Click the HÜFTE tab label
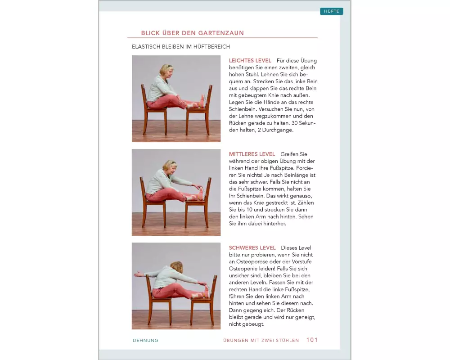pyautogui.click(x=332, y=11)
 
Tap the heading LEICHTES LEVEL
pyautogui.click(x=250, y=61)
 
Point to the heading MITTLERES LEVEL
pyautogui.click(x=252, y=154)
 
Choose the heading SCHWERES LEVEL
pyautogui.click(x=252, y=248)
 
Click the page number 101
pyautogui.click(x=312, y=340)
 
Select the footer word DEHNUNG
pyautogui.click(x=145, y=341)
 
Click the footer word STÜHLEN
pyautogui.click(x=287, y=341)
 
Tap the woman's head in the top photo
pyautogui.click(x=166, y=72)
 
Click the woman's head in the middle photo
pyautogui.click(x=170, y=167)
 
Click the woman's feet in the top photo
pyautogui.click(x=202, y=101)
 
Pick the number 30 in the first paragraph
pyautogui.click(x=294, y=123)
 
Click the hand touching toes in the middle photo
pyautogui.click(x=197, y=186)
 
